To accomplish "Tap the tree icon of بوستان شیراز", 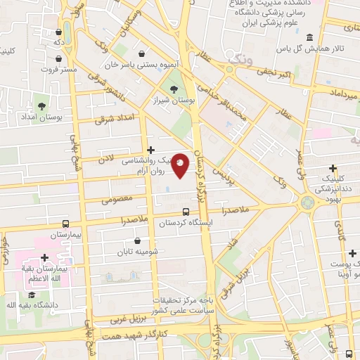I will pyautogui.click(x=174, y=89).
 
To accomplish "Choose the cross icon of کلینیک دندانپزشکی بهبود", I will pyautogui.click(x=332, y=169).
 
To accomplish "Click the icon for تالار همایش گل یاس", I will pyautogui.click(x=310, y=37).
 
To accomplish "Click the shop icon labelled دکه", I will pyautogui.click(x=58, y=32).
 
